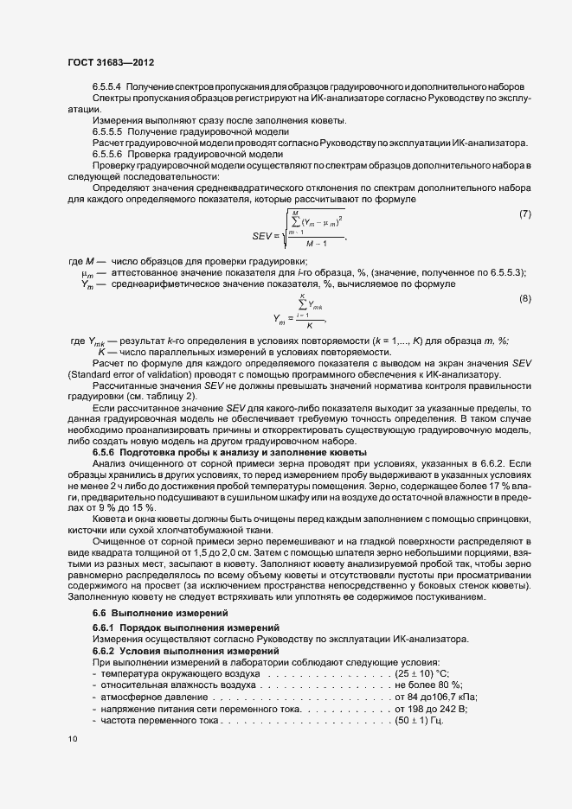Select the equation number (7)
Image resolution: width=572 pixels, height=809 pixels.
524,213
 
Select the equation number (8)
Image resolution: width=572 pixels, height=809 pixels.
524,299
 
